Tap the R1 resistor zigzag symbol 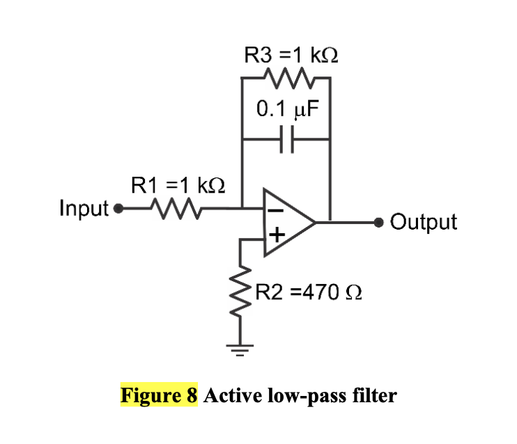click(174, 207)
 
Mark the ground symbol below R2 click(242, 348)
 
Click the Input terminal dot click(118, 207)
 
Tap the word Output click(424, 223)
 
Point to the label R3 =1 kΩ click(291, 55)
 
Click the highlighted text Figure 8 click(160, 396)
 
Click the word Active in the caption click(231, 396)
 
